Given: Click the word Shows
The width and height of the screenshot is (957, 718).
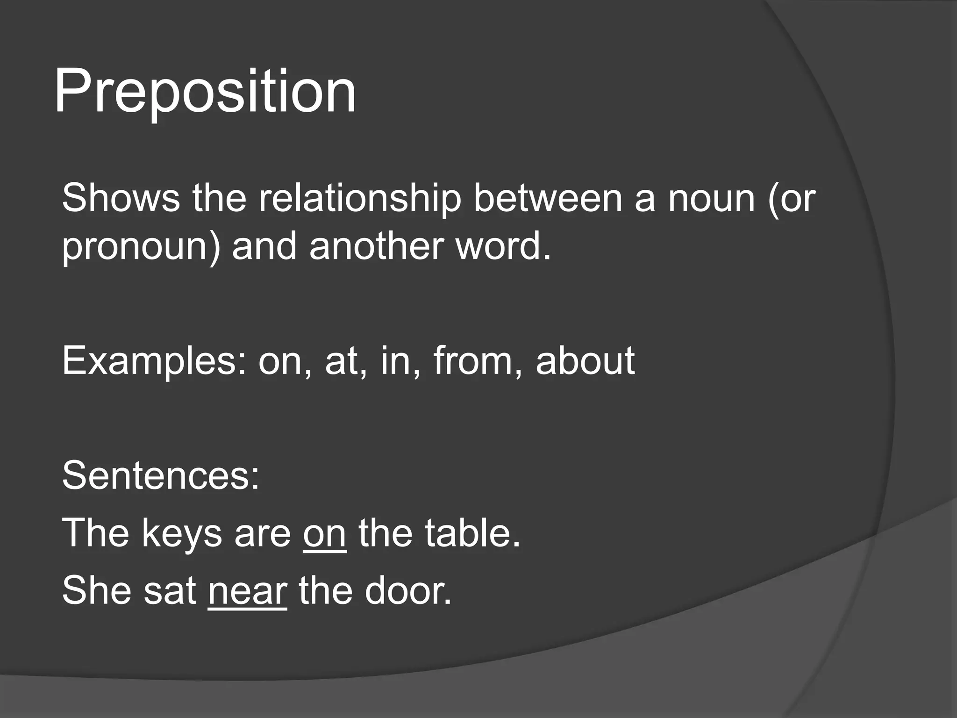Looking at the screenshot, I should (121, 198).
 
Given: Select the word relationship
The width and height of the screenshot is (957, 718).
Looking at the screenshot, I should (360, 198).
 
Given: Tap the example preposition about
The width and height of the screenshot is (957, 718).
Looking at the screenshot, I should (585, 361).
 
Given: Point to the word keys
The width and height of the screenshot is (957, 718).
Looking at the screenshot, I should (181, 534).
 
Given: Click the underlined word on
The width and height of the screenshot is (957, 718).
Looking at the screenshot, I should (325, 534).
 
